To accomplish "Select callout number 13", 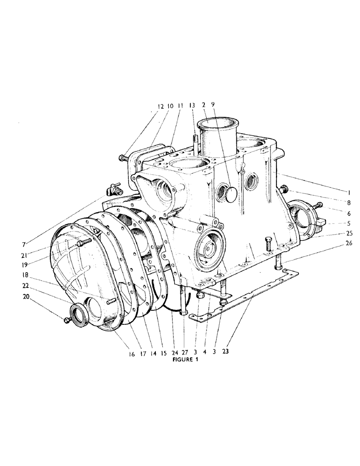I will (x=193, y=107).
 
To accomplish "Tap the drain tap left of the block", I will (x=113, y=190).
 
